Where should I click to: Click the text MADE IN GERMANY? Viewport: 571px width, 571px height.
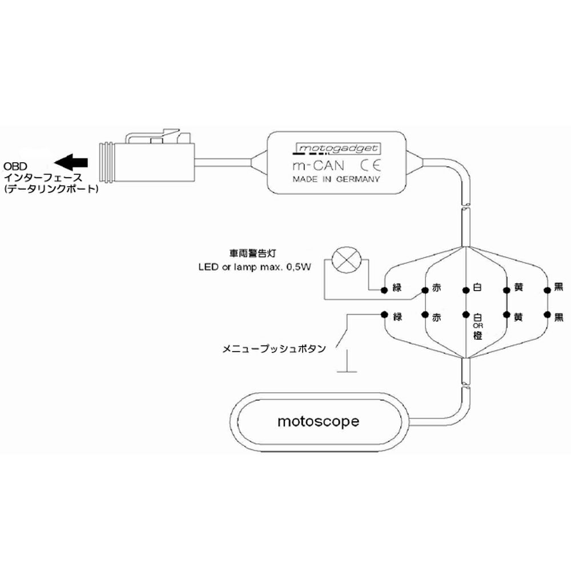point(336,179)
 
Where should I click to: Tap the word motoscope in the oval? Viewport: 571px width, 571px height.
point(319,422)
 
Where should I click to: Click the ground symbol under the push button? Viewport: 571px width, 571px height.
point(347,372)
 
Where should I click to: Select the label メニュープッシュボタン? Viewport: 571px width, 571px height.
point(274,347)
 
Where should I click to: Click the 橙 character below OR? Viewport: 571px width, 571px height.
point(478,336)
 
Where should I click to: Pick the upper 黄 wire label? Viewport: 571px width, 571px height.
point(518,288)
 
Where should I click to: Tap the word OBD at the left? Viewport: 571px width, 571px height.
point(14,166)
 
